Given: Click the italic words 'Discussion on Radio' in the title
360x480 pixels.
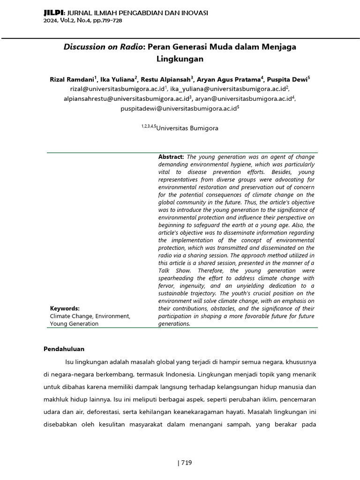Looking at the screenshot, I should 103,47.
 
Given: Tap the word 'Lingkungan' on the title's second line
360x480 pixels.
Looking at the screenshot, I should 180,60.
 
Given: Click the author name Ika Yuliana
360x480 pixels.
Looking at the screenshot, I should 117,79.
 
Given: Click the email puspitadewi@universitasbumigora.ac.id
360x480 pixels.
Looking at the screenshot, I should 178,109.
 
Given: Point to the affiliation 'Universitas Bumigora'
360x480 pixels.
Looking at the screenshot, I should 187,128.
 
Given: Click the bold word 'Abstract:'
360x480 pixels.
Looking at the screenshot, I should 172,157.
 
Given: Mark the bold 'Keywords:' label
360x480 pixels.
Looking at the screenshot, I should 65,308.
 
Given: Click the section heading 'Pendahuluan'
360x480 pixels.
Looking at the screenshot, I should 64,349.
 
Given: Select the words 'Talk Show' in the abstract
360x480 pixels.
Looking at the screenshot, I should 174,270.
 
